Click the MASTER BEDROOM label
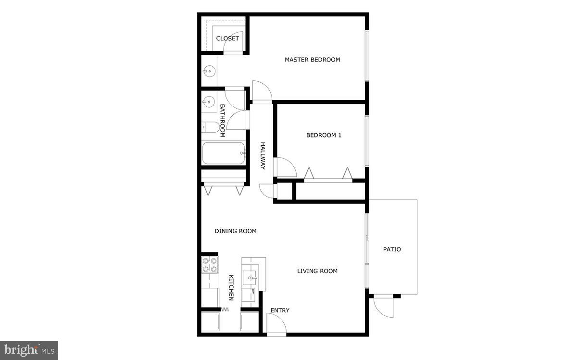(312, 60)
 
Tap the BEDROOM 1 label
(324, 136)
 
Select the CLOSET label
(227, 38)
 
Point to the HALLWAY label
(263, 156)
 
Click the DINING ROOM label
(235, 231)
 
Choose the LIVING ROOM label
(317, 271)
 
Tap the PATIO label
(391, 249)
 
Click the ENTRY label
(280, 310)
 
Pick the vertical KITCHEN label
(231, 288)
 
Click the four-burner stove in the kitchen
(209, 265)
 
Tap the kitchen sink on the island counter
(251, 276)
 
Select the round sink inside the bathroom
(208, 101)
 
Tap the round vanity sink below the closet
(208, 72)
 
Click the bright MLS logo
(29, 350)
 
